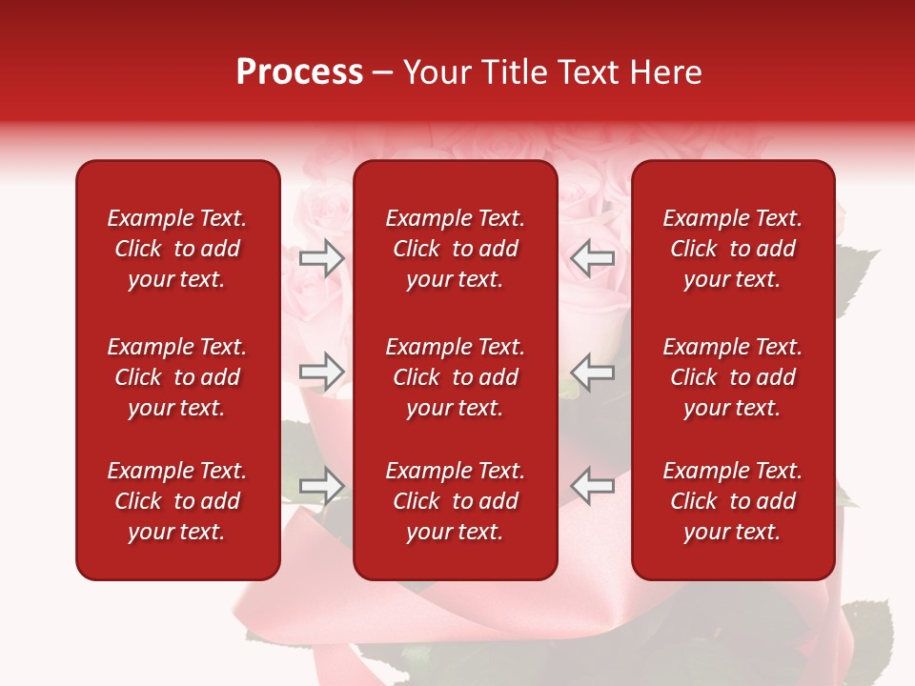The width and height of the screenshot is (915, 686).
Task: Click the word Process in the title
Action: point(299,72)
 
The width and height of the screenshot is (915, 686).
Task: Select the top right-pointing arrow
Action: point(322,257)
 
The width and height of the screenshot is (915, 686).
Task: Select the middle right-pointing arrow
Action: point(322,372)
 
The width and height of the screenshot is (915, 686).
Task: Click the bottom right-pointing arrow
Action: point(322,485)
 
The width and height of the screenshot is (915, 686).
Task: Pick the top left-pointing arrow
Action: point(593,257)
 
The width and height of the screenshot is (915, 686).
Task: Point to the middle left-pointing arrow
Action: point(593,372)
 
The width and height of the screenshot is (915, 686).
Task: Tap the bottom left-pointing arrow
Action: point(593,485)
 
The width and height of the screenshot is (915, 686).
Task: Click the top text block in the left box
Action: point(177,249)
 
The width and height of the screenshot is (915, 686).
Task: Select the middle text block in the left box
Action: point(177,377)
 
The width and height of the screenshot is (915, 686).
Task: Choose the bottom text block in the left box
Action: point(177,501)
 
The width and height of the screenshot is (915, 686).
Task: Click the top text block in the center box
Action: point(455,249)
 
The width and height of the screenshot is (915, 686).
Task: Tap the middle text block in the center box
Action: point(455,377)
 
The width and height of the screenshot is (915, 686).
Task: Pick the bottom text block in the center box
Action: point(455,501)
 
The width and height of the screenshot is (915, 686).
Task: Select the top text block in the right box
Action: point(732,249)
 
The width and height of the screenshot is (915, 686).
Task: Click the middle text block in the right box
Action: point(732,377)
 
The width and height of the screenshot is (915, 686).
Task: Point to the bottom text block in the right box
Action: point(732,501)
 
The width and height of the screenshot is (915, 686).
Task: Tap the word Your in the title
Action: point(434,72)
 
